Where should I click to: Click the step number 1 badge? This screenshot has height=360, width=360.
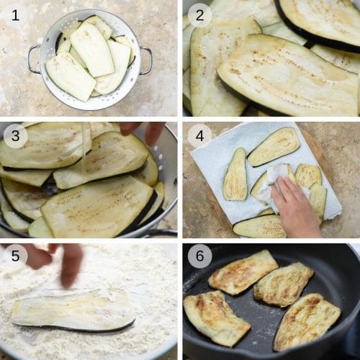click(15, 15)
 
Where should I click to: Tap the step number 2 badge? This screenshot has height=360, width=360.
click(199, 15)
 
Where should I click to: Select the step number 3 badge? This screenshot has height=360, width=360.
click(15, 135)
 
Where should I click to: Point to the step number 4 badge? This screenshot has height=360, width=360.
click(199, 135)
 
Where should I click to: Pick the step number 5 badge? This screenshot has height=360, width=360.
click(15, 256)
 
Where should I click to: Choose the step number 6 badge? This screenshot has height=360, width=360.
click(199, 256)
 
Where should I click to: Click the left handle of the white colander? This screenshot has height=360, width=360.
click(34, 59)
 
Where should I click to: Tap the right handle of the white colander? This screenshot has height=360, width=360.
click(146, 60)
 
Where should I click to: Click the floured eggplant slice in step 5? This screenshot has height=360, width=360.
click(73, 310)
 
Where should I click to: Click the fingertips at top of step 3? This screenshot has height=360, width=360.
click(142, 131)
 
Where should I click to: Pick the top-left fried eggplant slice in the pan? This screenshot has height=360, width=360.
click(243, 272)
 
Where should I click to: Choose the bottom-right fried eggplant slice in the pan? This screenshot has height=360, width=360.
click(307, 322)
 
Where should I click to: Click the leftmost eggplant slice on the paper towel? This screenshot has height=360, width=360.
click(235, 174)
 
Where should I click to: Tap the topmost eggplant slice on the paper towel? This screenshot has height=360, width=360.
click(274, 146)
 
